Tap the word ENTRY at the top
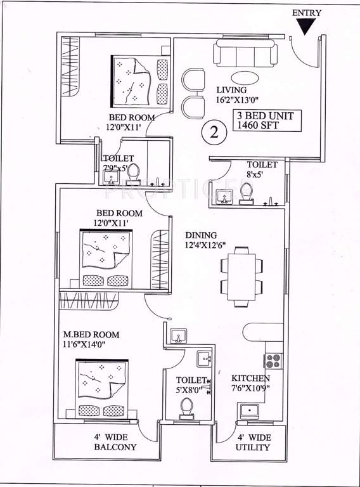tap(307, 13)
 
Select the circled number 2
tap(214, 133)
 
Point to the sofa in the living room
tap(245, 52)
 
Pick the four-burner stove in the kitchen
tap(273, 361)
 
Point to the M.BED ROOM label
tap(90, 334)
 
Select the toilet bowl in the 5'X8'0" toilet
tap(186, 411)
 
